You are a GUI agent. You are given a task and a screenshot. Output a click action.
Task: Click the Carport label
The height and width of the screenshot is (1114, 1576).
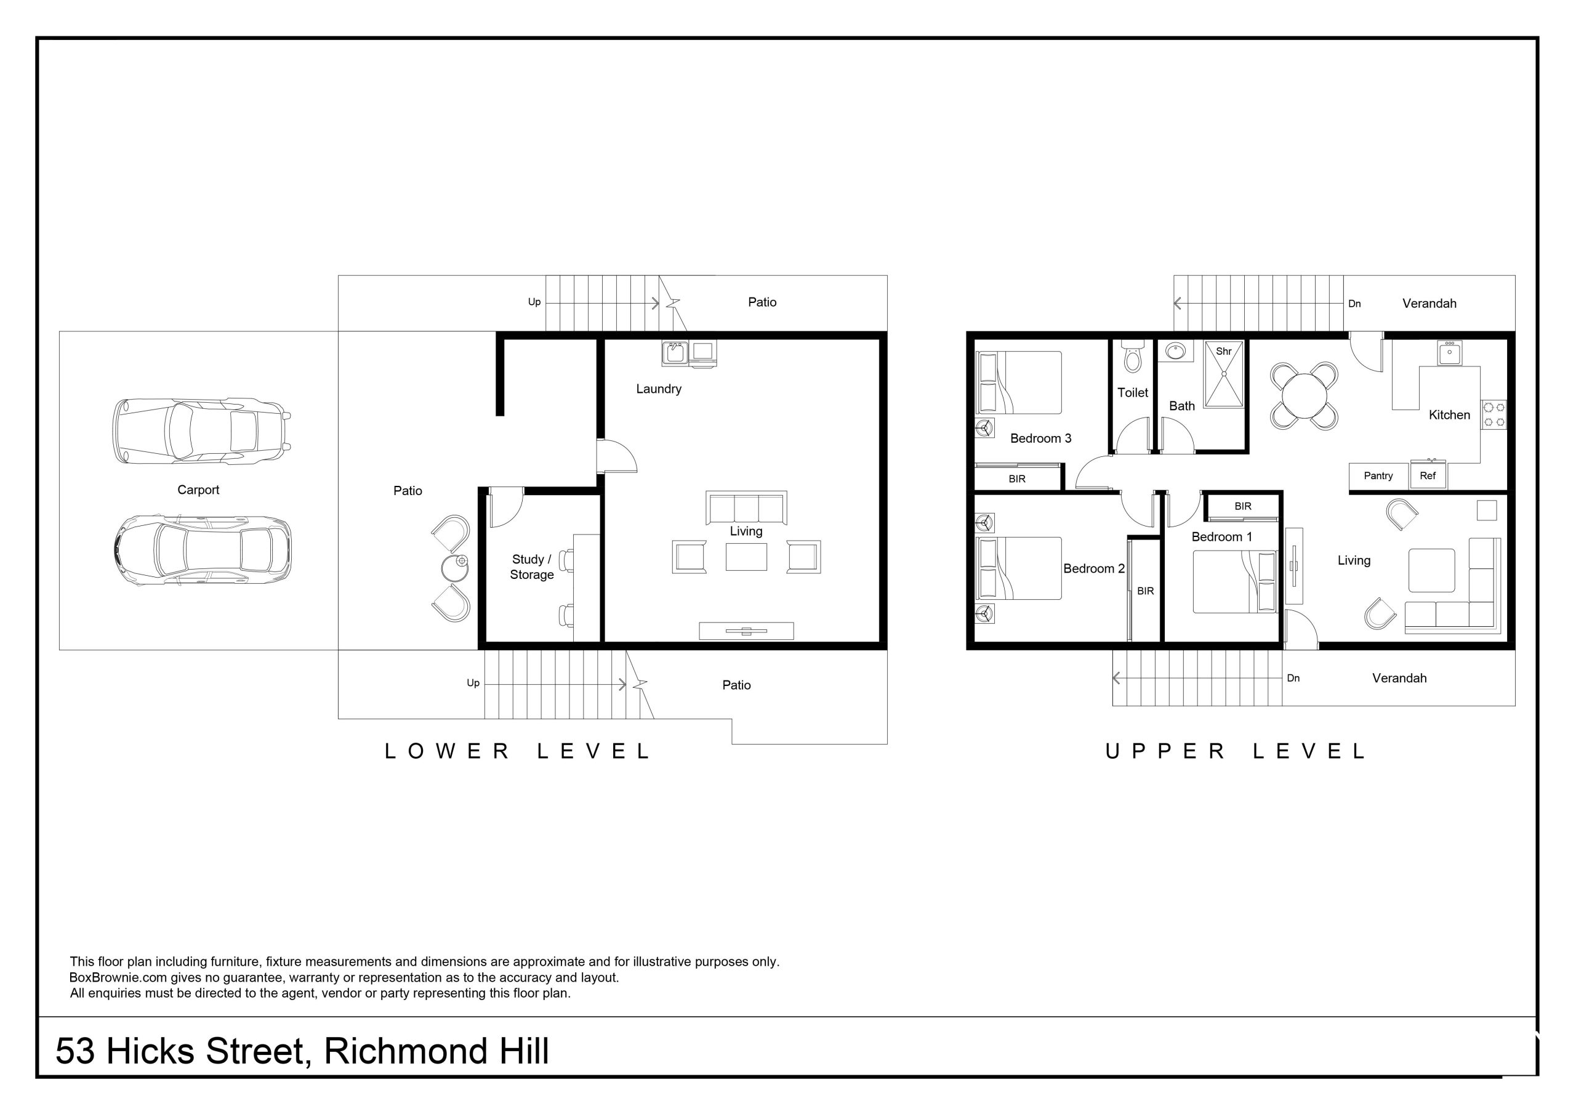(198, 490)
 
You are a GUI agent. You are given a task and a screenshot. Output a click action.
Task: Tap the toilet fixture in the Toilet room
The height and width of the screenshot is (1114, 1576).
(1131, 358)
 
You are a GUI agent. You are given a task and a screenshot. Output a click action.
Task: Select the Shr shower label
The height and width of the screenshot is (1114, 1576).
(1224, 351)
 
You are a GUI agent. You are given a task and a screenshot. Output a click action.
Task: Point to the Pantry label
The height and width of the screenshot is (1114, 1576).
(1378, 475)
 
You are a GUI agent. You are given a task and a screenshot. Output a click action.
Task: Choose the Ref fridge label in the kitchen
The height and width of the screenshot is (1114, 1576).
(1427, 475)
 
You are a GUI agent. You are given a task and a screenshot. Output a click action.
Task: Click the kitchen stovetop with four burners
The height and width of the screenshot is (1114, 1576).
(1494, 415)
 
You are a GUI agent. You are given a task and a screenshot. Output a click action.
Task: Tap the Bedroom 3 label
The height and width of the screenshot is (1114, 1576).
(1040, 438)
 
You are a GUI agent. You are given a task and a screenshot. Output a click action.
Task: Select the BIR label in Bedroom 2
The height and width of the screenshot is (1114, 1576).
(1145, 591)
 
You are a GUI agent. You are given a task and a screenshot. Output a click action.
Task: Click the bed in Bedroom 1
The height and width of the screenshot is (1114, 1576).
(1234, 582)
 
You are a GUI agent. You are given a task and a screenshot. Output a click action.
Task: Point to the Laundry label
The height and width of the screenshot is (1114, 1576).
(658, 389)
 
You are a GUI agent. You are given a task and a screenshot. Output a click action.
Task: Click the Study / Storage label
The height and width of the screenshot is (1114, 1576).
(531, 567)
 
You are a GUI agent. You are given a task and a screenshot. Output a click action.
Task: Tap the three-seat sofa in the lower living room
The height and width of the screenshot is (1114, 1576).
(746, 508)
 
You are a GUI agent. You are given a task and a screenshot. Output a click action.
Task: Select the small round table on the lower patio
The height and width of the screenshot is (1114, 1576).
(454, 568)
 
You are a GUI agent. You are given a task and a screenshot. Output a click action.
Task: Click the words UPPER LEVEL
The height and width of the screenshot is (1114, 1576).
(1236, 751)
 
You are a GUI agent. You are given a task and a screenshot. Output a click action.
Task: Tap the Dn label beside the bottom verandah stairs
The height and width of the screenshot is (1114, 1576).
(1293, 678)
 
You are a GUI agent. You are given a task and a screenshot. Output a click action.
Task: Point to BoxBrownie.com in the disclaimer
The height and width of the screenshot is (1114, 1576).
(118, 977)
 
